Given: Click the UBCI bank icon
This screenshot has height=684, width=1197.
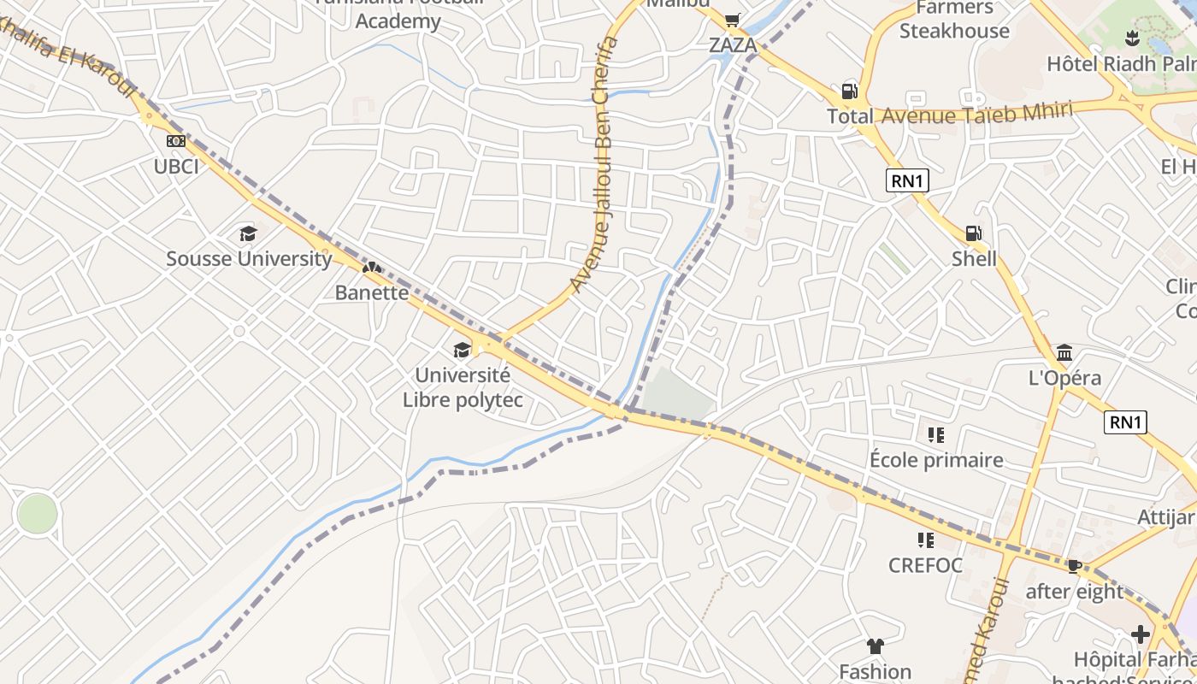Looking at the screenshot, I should pos(176,141).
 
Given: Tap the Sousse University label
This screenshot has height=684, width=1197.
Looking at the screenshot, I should pos(249,258).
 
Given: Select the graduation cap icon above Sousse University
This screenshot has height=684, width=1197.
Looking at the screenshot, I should pos(248,233).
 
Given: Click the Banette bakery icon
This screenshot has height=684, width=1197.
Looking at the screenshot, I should pos(371,268).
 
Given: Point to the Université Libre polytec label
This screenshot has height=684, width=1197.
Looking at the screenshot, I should pos(463,387).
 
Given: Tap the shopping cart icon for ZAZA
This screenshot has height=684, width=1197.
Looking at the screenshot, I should pos(732,20).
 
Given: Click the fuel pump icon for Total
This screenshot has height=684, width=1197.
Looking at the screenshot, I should pos(849,91).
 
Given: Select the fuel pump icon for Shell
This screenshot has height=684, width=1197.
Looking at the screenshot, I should pos(973,233).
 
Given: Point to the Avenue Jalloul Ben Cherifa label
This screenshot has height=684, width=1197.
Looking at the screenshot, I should pos(596,162).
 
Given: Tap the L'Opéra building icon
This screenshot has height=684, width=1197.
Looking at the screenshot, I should pos(1064,352).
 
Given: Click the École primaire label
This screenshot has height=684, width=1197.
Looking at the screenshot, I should pos(936,460).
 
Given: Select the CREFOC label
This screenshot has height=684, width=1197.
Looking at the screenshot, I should pos(925,565).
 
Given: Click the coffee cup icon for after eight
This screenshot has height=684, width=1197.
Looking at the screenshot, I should pos(1075,565).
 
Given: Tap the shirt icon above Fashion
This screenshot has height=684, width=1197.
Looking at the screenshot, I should pos(875,646).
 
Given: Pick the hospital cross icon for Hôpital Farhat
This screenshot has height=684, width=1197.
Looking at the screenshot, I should pos(1140,634).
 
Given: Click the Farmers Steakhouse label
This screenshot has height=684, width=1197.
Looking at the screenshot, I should pos(954,20).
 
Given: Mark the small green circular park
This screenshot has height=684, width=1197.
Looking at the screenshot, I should pos(37,514).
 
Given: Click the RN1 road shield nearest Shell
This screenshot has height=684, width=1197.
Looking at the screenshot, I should pos(907,181).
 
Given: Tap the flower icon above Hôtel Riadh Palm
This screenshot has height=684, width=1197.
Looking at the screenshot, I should pos(1132,38).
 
